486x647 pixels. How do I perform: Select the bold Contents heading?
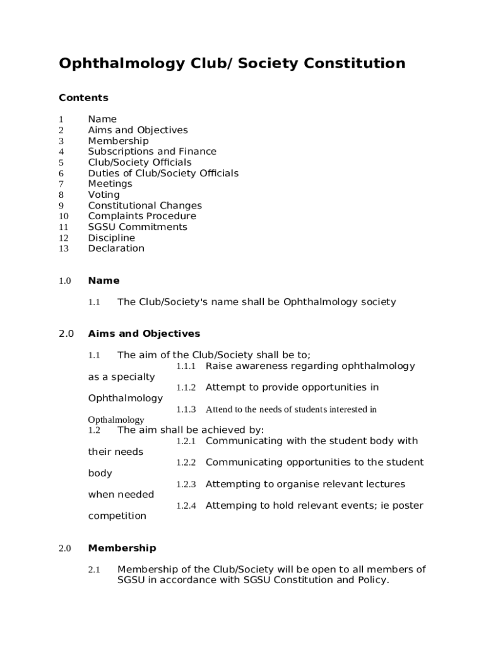(x=83, y=98)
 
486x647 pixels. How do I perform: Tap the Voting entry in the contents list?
(x=104, y=195)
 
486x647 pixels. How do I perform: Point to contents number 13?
(x=63, y=249)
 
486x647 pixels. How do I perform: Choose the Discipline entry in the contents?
(x=111, y=238)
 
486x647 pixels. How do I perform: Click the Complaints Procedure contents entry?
(x=142, y=216)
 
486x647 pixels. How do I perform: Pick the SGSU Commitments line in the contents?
(x=138, y=227)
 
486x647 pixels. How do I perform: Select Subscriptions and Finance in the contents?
(x=152, y=152)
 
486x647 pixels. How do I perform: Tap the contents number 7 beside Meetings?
(x=61, y=184)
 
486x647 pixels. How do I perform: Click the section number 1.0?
(x=65, y=281)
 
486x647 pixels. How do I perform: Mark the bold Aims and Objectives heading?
(x=144, y=334)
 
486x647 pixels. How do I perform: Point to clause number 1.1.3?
(x=186, y=409)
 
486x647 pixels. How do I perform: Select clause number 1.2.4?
(x=186, y=506)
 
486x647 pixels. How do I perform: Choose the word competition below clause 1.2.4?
(x=117, y=516)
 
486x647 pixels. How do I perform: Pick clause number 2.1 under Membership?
(x=95, y=570)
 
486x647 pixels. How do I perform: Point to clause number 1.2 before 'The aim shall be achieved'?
(x=95, y=430)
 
